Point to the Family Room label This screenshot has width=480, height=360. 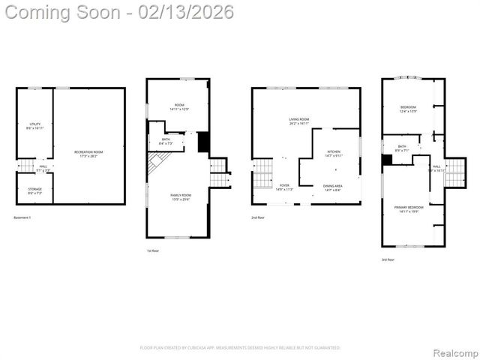pos(181,196)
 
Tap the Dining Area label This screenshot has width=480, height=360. pos(332,187)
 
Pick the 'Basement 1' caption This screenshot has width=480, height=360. pos(23,217)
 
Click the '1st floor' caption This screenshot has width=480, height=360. pos(153,250)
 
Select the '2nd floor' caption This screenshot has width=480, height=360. pos(257,217)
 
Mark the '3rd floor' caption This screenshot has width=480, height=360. pos(388,259)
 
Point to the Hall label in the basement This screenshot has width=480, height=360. pos(43,167)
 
